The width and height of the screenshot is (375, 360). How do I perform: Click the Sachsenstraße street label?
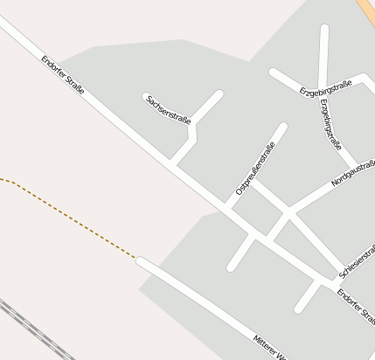pyautogui.click(x=169, y=109)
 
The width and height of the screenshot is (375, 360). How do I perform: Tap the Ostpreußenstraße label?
pyautogui.click(x=255, y=169)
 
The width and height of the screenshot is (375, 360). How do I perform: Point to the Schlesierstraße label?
pyautogui.click(x=357, y=260)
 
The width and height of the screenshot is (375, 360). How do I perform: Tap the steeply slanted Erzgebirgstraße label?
pyautogui.click(x=331, y=124)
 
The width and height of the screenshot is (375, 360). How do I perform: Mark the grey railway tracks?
pyautogui.click(x=31, y=328)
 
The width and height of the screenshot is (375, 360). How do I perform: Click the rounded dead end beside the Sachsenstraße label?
pyautogui.click(x=145, y=94)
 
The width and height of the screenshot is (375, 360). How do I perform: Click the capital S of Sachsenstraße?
pyautogui.click(x=149, y=97)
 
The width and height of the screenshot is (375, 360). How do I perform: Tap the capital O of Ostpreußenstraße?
pyautogui.click(x=239, y=190)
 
